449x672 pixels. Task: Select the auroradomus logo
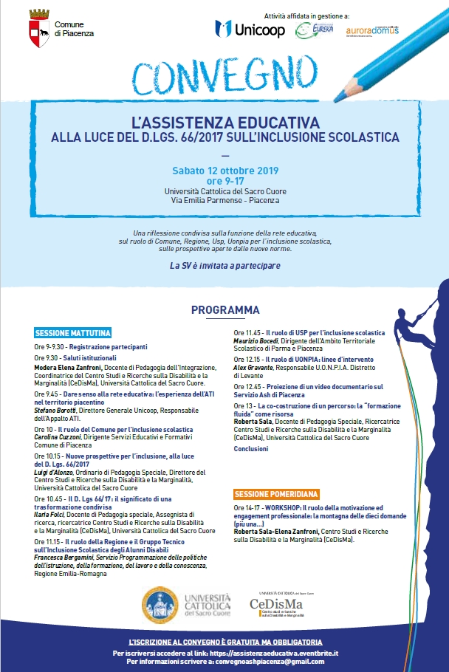pos(372,30)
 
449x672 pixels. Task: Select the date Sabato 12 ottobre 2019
pos(224,171)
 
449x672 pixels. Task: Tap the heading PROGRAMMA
pos(225,309)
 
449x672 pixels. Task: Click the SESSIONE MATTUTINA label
pos(73,334)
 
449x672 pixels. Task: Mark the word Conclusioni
pos(251,448)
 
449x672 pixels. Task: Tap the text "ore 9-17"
pos(224,181)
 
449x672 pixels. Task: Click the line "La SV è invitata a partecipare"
pos(224,264)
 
